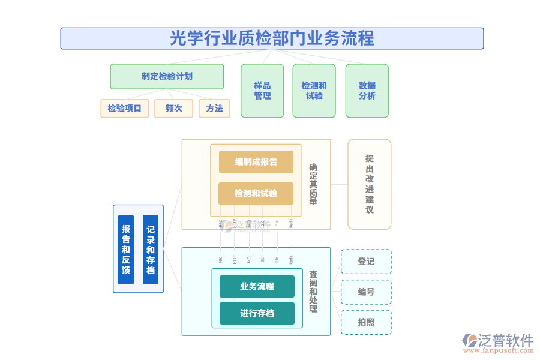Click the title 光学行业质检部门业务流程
point(272,38)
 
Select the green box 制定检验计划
point(167,77)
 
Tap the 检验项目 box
point(124,109)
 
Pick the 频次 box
point(173,109)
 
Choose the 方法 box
point(214,109)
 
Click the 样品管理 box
point(262,91)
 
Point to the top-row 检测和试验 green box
point(314,91)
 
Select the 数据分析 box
point(367,91)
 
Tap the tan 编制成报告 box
point(256,162)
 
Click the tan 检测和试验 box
point(256,193)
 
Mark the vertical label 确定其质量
point(313,185)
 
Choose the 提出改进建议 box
point(369,184)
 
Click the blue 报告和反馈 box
point(126,249)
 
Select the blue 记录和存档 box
point(151,249)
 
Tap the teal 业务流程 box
point(257,287)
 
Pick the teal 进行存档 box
point(257,313)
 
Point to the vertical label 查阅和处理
point(313,291)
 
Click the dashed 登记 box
point(366,262)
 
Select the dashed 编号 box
point(366,292)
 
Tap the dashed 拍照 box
point(366,322)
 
